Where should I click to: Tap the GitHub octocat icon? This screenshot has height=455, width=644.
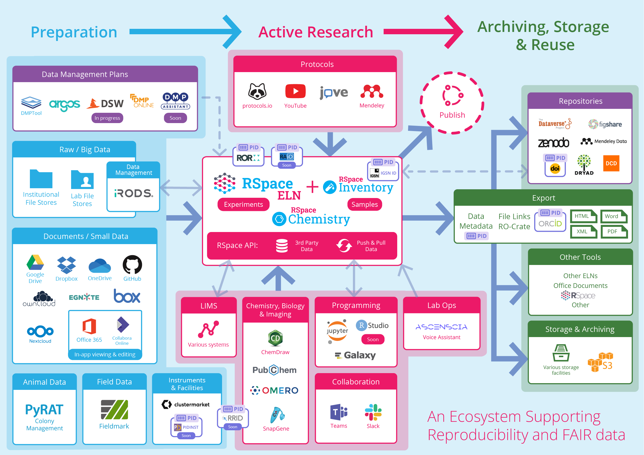(132, 264)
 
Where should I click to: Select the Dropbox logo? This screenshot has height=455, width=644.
(66, 265)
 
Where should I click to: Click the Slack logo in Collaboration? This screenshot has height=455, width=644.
(373, 412)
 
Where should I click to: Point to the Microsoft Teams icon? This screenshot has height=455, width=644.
(338, 412)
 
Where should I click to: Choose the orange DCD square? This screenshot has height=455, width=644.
(611, 164)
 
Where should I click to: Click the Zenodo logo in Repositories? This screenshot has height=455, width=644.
(553, 143)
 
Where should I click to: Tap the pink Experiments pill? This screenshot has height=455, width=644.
(243, 204)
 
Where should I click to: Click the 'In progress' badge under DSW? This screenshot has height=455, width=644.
(107, 118)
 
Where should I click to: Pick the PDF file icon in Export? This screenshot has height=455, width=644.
(613, 231)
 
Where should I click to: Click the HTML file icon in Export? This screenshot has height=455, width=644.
(583, 216)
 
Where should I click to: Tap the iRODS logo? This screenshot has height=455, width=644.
(133, 193)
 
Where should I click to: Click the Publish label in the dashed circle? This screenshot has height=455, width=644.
(452, 115)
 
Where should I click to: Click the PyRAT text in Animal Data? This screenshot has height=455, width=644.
(44, 410)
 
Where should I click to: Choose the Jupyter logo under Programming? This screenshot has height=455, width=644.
(337, 331)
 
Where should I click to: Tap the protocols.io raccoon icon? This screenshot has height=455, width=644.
(257, 91)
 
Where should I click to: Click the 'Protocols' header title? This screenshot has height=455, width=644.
(317, 64)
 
